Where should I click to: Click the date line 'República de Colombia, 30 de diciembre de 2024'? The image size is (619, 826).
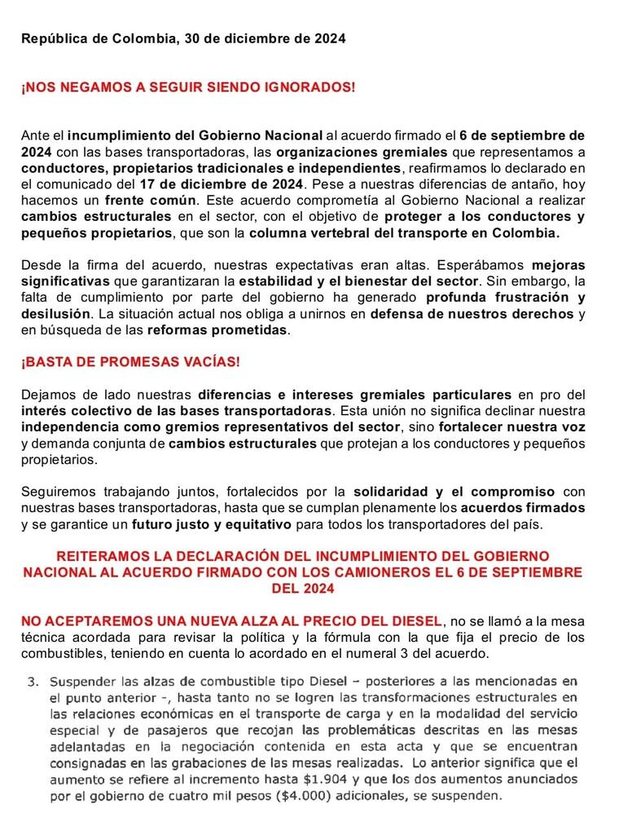click(183, 38)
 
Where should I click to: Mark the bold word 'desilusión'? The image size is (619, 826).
click(56, 313)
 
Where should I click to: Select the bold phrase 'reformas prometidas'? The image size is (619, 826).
click(217, 329)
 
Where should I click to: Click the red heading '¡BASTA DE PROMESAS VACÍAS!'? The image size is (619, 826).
click(131, 361)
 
